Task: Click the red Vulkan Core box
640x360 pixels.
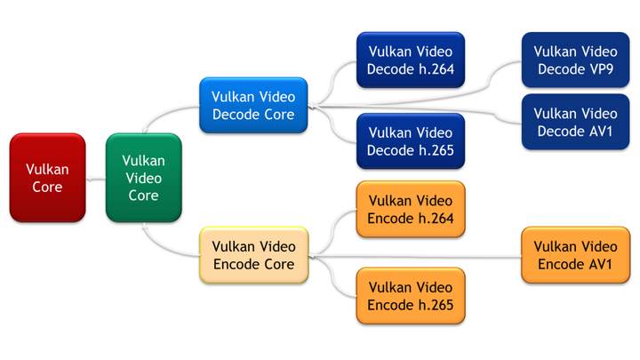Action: click(47, 178)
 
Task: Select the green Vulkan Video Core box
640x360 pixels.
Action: click(143, 178)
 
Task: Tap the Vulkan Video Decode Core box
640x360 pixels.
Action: click(253, 105)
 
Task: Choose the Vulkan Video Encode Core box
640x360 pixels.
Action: click(253, 255)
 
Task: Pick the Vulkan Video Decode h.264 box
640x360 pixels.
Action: click(410, 60)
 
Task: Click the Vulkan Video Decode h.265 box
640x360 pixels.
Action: click(410, 141)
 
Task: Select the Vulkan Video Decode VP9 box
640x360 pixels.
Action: click(575, 60)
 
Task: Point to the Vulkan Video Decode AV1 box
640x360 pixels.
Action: click(575, 123)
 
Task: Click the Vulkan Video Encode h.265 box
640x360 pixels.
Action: click(410, 295)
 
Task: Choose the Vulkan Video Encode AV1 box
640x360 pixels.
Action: click(575, 255)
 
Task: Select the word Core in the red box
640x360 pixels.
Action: click(47, 187)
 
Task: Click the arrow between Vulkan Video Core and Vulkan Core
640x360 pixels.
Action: click(96, 179)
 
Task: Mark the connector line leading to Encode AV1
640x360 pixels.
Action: click(418, 258)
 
